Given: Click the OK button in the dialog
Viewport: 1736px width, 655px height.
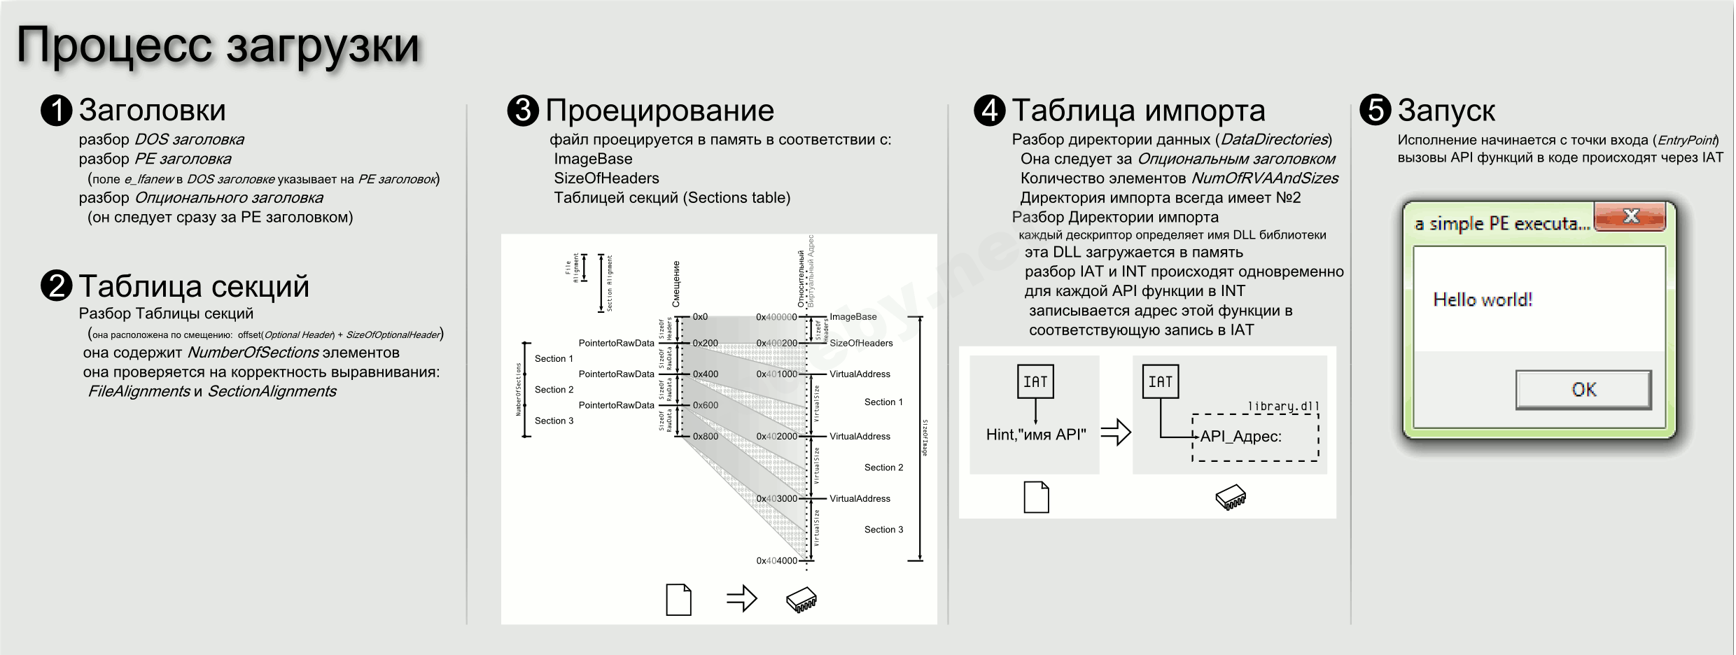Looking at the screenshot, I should coord(1583,390).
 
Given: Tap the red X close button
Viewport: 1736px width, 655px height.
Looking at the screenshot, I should coord(1630,216).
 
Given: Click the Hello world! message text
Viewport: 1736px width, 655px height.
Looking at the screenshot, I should coord(1483,300).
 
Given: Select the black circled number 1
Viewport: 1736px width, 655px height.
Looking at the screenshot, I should coord(57,111).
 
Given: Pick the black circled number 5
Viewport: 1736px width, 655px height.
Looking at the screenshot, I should coord(1375,111).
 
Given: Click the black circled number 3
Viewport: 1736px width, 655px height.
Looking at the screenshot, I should coord(523,111).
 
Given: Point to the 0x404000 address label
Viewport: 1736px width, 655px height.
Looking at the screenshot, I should coord(776,561).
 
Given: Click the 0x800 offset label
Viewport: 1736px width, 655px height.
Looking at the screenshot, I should coord(705,436).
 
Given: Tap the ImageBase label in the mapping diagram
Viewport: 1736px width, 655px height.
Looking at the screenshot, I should coord(853,317).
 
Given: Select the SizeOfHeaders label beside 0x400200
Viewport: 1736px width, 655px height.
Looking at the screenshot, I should coord(861,343).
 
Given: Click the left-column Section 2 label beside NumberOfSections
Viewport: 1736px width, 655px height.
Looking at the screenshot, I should coord(554,390).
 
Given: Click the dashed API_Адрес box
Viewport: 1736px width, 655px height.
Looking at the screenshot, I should coord(1255,437).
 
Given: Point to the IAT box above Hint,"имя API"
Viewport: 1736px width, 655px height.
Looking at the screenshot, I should coord(1035,381).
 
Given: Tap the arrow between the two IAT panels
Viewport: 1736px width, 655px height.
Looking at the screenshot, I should coord(1116,432).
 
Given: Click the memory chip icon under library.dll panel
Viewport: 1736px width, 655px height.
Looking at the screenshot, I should coord(1231,498).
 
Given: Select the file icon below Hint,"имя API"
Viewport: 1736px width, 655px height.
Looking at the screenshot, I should coord(1036,497).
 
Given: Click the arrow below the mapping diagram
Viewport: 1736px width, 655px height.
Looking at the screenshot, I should coord(741,599).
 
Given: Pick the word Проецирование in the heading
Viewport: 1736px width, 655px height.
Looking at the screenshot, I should coord(659,111).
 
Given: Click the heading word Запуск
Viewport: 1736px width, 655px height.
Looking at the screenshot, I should coord(1446,111).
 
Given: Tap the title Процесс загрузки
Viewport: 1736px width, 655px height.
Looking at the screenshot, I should coord(218,45).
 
